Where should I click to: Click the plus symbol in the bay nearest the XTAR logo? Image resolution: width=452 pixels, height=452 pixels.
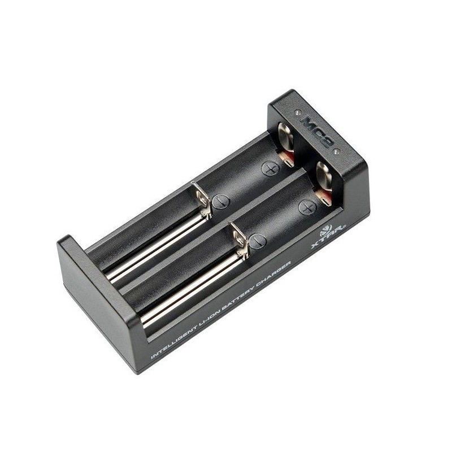(x=309, y=208)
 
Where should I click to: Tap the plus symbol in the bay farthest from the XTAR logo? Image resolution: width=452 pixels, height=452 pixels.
(x=270, y=168)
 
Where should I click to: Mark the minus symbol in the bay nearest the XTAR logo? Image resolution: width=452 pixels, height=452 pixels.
(x=257, y=241)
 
